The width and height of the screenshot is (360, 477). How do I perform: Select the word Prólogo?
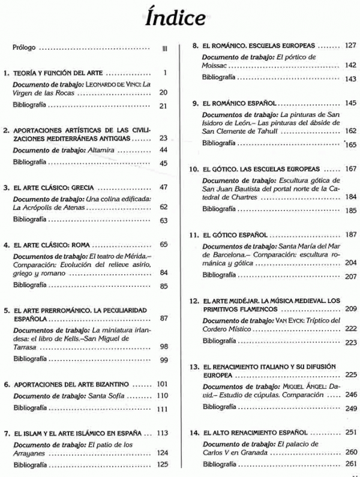(x=24, y=47)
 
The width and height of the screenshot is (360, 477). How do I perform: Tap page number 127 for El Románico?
(x=351, y=46)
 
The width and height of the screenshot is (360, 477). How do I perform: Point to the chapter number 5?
(x=6, y=311)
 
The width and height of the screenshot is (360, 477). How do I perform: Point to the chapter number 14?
(x=193, y=432)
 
